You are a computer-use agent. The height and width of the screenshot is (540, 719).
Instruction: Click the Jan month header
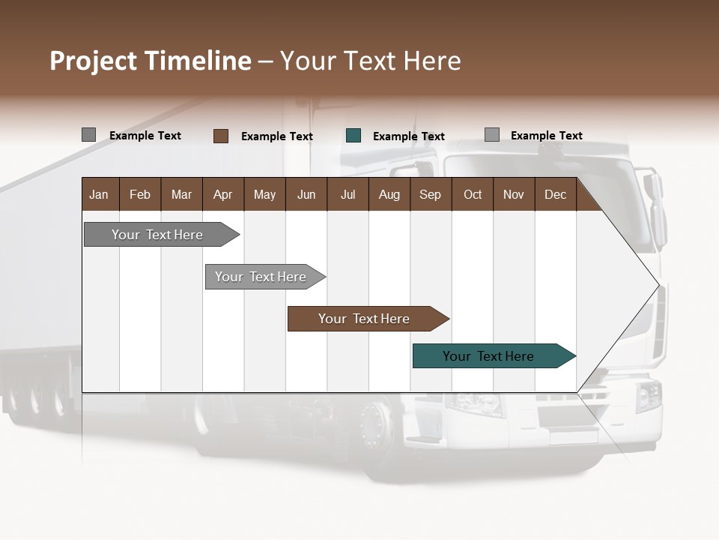[100, 194]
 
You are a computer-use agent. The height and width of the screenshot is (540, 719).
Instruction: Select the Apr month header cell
[223, 194]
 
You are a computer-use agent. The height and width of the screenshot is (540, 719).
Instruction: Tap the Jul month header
[348, 194]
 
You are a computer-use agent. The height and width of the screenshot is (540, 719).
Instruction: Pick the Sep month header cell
[430, 194]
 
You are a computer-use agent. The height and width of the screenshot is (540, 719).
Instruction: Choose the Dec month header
[555, 194]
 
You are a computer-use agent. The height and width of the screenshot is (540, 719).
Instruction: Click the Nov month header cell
[513, 194]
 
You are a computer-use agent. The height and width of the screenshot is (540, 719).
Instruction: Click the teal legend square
[354, 136]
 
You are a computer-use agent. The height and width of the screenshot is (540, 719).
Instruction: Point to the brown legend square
[221, 136]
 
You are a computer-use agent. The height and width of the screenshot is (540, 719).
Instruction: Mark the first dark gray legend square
[88, 135]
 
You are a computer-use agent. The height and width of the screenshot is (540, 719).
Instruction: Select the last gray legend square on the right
[492, 135]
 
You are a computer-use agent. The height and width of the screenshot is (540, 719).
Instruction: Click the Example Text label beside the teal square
[409, 136]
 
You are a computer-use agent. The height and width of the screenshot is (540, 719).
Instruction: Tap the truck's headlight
[648, 396]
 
